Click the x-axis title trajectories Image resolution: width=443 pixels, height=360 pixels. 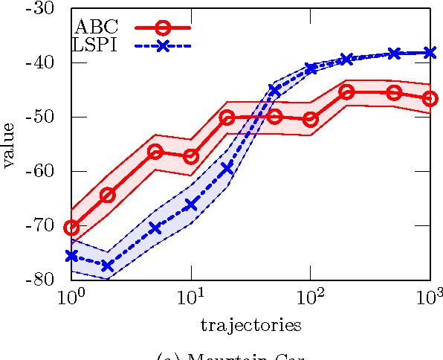pos(250,325)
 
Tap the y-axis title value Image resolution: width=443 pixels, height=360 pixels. pos(10,144)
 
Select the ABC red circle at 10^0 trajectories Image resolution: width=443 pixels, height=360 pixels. pos(72,228)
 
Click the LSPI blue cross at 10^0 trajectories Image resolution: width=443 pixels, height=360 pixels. pos(72,256)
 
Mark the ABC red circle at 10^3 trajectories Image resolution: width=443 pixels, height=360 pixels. pos(430,98)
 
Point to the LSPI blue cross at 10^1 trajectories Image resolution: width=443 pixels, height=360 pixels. pos(191,205)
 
